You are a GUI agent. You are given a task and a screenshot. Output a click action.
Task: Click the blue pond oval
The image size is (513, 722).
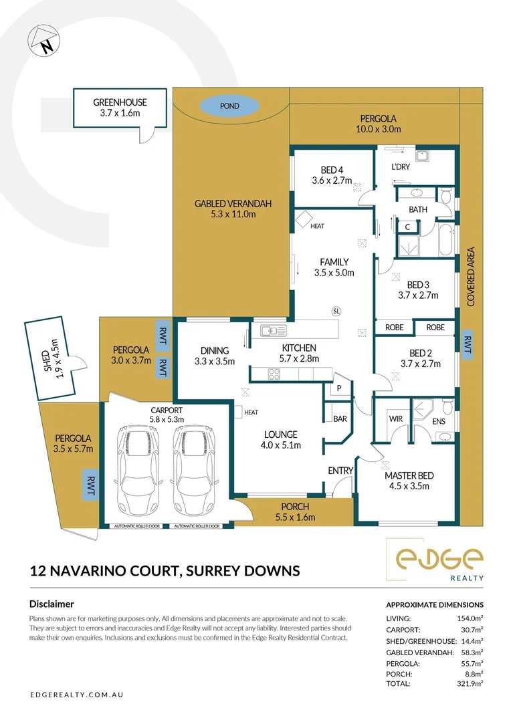[229, 106]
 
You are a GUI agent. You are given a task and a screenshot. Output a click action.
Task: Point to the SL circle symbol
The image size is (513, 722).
[336, 311]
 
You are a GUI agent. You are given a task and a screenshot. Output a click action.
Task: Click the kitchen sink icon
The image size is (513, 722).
[274, 330]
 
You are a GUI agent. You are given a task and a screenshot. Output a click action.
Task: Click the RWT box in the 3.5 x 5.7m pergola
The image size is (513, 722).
[89, 485]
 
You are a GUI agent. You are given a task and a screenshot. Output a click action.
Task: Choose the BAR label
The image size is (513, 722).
[339, 420]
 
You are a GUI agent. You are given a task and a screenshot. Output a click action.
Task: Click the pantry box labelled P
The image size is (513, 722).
[339, 388]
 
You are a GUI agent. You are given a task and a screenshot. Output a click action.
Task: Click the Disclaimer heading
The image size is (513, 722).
[52, 604]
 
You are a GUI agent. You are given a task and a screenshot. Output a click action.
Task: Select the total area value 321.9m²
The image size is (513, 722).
[470, 684]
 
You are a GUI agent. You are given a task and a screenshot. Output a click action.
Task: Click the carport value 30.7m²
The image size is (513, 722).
[470, 630]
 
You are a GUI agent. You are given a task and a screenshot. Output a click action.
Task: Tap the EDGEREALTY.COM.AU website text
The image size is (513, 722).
[77, 695]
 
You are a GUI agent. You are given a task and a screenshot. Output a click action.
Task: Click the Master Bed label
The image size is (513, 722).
[409, 475]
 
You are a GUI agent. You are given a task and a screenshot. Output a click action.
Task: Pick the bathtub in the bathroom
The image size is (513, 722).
[446, 241]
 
